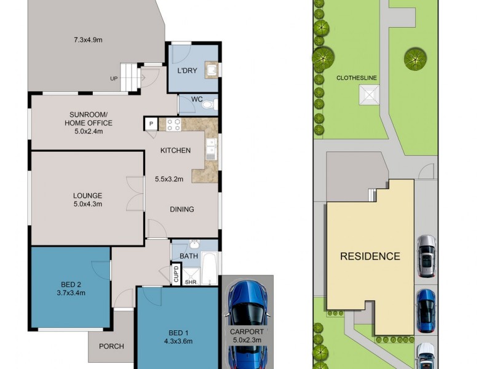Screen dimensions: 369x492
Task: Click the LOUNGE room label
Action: click(x=87, y=196)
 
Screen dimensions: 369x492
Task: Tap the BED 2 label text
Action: click(x=71, y=284)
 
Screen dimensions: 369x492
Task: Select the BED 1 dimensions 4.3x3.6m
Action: click(x=178, y=341)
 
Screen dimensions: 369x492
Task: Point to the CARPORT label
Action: click(x=248, y=331)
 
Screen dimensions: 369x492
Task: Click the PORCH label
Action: click(x=111, y=346)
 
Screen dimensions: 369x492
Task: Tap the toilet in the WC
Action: click(x=208, y=105)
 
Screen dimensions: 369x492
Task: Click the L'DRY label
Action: click(x=187, y=71)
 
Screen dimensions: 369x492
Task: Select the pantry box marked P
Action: click(x=151, y=124)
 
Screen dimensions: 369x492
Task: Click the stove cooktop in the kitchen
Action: click(x=173, y=124)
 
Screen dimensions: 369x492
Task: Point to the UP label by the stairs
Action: click(x=114, y=79)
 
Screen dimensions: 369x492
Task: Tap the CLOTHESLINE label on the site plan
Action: click(x=357, y=78)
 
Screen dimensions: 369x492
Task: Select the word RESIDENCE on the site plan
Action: click(x=370, y=256)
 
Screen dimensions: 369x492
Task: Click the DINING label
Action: click(x=181, y=209)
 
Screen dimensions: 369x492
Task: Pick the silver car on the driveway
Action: click(x=426, y=256)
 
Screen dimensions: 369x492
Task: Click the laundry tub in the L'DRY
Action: click(x=210, y=69)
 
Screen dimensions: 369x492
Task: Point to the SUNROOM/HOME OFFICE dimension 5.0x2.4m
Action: click(x=89, y=131)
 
